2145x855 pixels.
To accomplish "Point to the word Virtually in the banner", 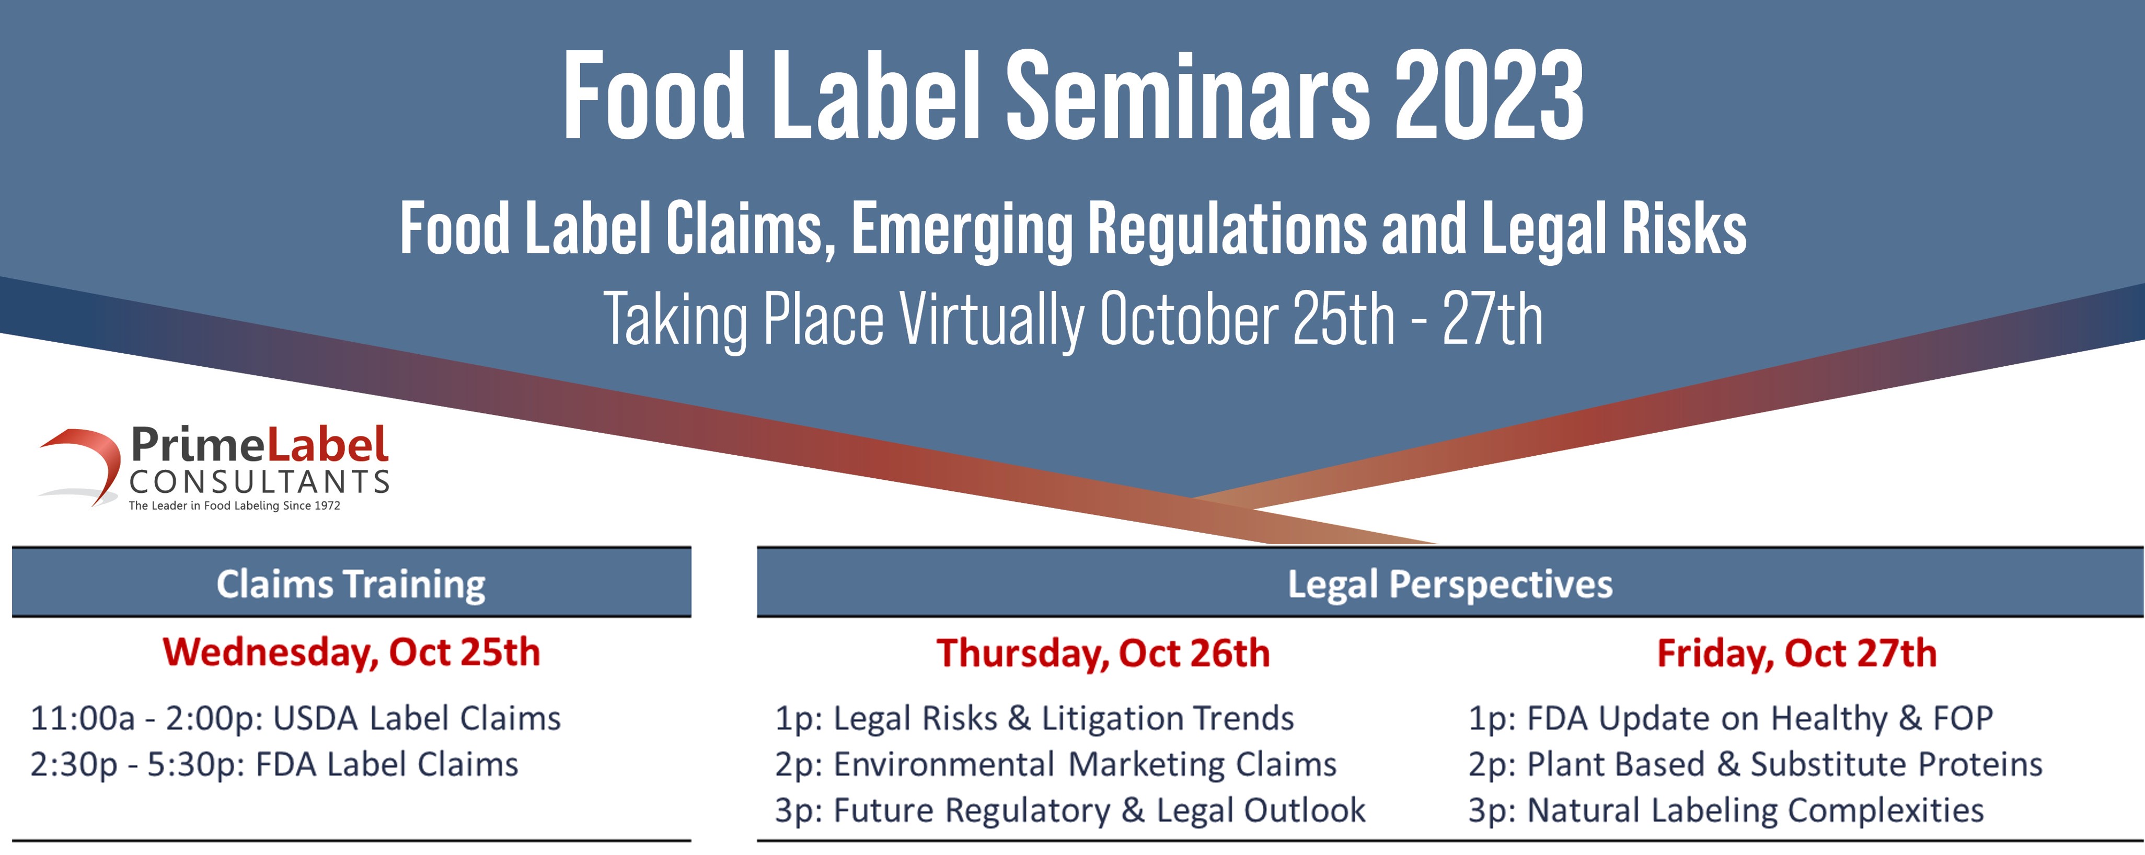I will coord(991,319).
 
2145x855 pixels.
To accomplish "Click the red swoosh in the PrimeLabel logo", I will coord(83,463).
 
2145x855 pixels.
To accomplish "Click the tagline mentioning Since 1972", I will coord(234,506).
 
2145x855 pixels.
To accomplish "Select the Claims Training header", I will coord(351,583).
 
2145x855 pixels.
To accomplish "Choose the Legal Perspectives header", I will coord(1450,583).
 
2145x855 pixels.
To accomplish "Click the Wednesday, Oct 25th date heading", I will coord(351,651).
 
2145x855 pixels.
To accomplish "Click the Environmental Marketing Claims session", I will coord(1055,764).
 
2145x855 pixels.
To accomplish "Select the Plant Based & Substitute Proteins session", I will coord(1755,764).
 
